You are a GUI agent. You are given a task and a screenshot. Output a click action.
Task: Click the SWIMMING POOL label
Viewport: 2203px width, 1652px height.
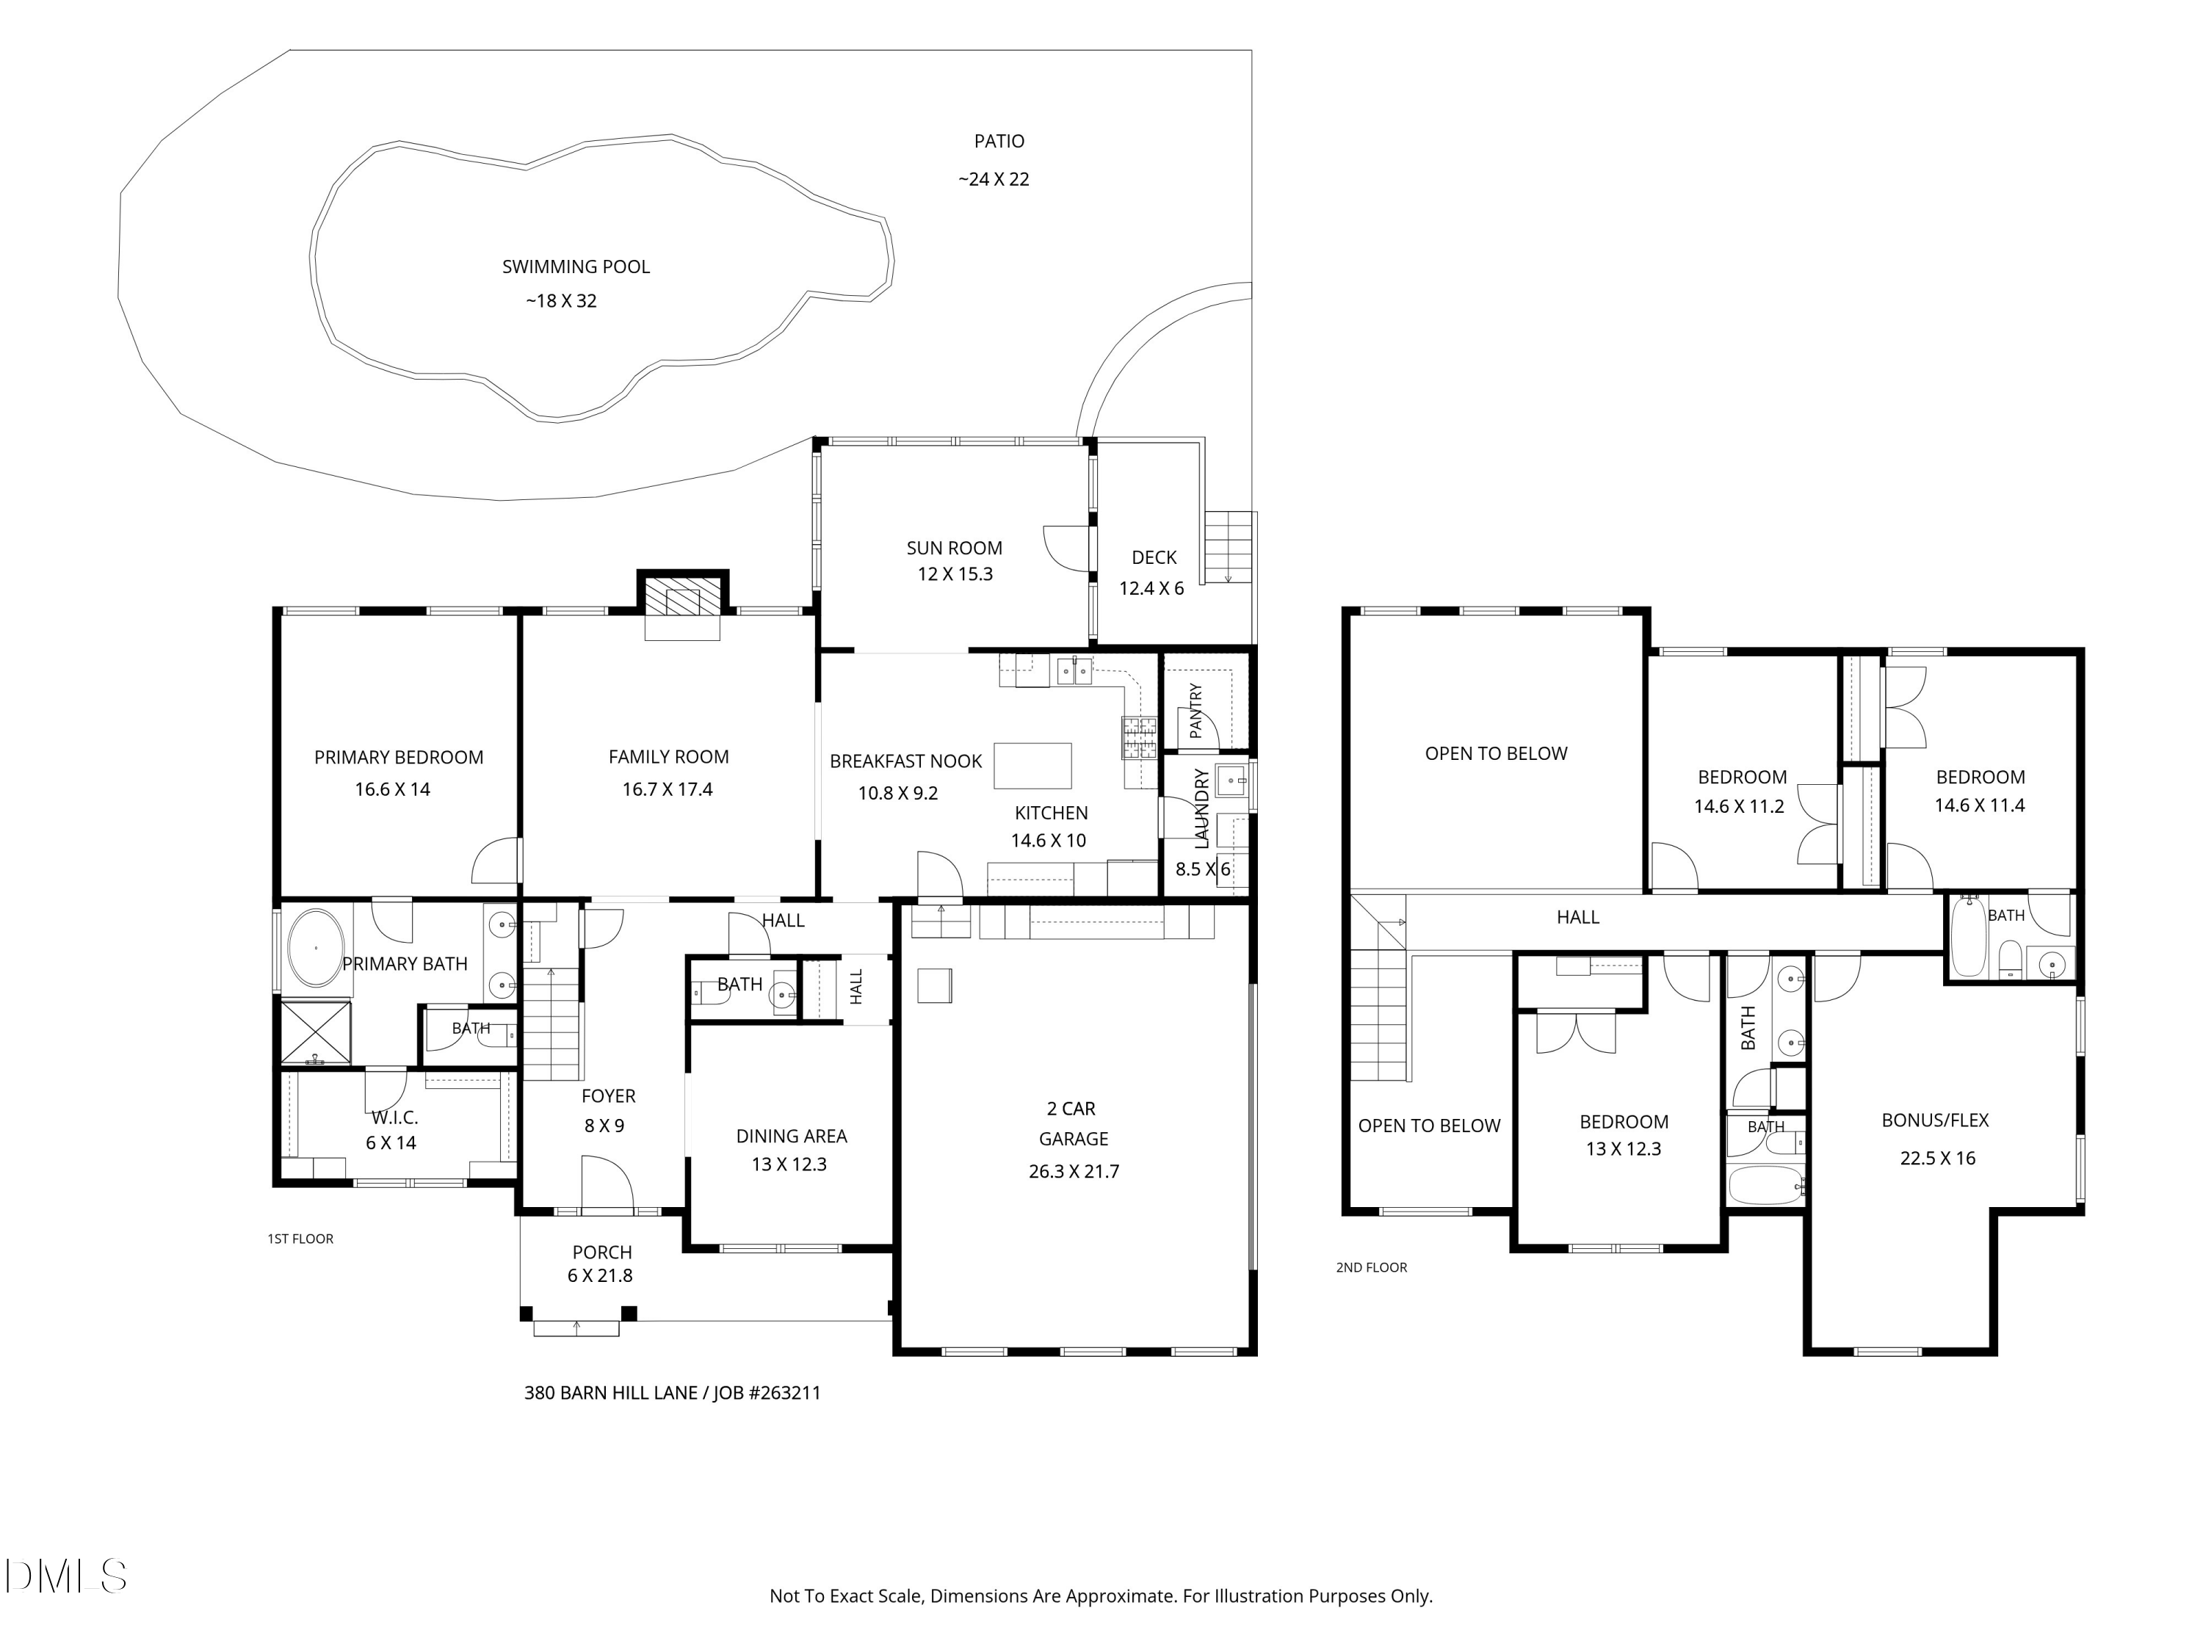click(576, 267)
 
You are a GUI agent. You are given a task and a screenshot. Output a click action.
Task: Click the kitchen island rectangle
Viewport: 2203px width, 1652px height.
click(1032, 766)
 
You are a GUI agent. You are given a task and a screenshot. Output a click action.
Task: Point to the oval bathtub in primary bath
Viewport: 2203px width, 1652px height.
click(316, 947)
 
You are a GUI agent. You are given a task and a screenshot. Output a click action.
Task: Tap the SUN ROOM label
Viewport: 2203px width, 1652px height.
click(954, 548)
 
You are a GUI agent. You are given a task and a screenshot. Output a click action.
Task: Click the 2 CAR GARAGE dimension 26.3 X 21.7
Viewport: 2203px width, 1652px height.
click(1074, 1172)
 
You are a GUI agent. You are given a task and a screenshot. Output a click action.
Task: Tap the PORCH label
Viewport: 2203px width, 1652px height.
click(601, 1252)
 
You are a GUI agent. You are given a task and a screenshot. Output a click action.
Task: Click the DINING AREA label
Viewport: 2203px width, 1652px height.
click(792, 1136)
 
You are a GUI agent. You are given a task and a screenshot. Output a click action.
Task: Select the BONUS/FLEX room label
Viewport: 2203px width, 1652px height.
click(1935, 1120)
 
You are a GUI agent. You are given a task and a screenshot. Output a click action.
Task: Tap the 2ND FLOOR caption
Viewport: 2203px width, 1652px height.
click(1372, 1267)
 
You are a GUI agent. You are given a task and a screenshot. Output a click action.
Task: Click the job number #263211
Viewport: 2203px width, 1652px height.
click(782, 1393)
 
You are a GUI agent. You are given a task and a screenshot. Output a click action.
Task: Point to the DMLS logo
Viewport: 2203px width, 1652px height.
click(66, 1576)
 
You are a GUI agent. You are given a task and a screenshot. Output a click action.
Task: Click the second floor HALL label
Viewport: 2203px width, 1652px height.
click(1577, 917)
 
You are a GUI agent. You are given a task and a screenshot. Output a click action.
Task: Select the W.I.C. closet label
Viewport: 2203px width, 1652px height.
click(394, 1118)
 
